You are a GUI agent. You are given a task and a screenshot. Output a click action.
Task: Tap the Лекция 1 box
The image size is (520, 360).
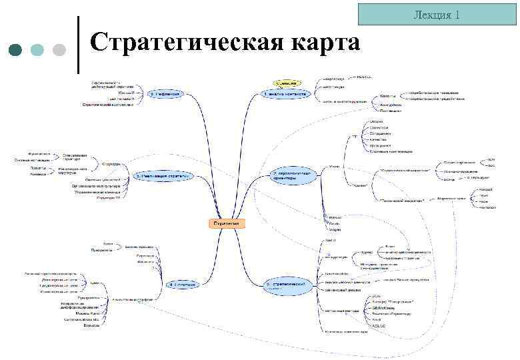[x=437, y=15]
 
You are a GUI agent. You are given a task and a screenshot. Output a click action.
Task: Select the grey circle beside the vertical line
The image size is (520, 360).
[x=59, y=51]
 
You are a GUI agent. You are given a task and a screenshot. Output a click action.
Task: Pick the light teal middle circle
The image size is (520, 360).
[x=38, y=51]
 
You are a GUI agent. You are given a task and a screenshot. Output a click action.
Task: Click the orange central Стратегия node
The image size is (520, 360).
[x=227, y=223]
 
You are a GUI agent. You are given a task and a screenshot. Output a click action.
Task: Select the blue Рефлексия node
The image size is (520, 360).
[x=166, y=94]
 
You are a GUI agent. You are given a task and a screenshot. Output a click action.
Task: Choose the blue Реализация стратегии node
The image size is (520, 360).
[x=164, y=176]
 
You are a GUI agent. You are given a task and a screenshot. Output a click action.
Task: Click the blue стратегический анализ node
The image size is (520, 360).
[x=288, y=285]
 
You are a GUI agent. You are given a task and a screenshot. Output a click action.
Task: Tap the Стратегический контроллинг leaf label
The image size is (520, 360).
[x=108, y=105]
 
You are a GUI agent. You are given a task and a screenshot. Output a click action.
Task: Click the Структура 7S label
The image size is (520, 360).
[x=108, y=199]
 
